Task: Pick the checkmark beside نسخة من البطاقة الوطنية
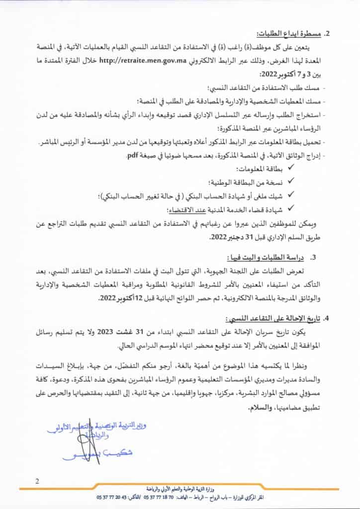point(291,182)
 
